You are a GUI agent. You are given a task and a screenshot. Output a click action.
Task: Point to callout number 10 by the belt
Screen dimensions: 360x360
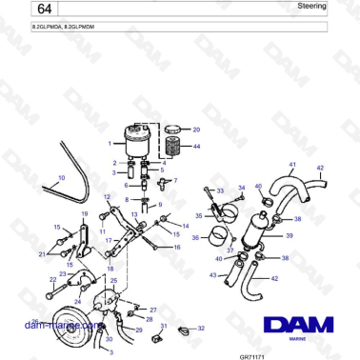[x=61, y=177]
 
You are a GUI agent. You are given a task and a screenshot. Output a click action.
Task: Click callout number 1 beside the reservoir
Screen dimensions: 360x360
[x=112, y=144]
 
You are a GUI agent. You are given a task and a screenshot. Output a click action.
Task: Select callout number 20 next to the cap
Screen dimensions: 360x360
[x=196, y=129]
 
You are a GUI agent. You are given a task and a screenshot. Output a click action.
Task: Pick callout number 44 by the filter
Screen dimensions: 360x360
[x=196, y=147]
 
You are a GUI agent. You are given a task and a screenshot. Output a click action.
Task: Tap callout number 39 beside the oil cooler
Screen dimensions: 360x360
[x=289, y=234]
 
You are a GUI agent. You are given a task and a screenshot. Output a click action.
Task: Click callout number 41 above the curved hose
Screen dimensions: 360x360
[x=291, y=164]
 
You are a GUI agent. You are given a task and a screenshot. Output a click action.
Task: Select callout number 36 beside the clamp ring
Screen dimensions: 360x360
[x=196, y=238]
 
